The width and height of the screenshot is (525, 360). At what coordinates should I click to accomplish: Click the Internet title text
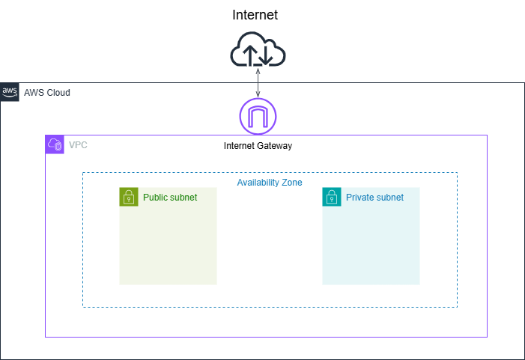coord(255,15)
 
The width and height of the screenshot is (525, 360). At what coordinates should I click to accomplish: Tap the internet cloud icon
coord(258,49)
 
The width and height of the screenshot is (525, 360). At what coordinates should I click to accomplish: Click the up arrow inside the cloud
coord(250,55)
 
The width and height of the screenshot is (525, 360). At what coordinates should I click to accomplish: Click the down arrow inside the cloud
coord(266,55)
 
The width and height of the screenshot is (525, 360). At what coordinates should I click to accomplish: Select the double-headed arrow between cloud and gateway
coord(258,83)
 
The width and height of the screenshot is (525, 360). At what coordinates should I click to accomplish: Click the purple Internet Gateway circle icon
coord(258,99)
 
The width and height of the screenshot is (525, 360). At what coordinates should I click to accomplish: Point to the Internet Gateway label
coord(258,146)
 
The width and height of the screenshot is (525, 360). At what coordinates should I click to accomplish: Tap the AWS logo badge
coord(10,92)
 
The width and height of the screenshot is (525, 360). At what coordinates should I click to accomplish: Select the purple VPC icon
coord(55,144)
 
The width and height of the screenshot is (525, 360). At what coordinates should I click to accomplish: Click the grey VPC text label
coord(78,145)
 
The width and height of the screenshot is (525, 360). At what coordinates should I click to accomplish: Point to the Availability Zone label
coord(270,183)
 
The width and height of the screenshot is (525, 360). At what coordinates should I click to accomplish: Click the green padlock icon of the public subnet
coord(129,197)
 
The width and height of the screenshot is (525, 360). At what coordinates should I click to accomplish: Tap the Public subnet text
coord(170,198)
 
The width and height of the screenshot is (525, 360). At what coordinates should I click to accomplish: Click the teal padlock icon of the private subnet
coord(332,197)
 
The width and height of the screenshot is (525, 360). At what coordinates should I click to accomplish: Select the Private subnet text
coord(374,198)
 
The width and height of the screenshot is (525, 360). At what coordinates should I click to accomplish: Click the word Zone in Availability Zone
coord(292,183)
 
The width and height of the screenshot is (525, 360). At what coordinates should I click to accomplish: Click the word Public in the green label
coord(155,198)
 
